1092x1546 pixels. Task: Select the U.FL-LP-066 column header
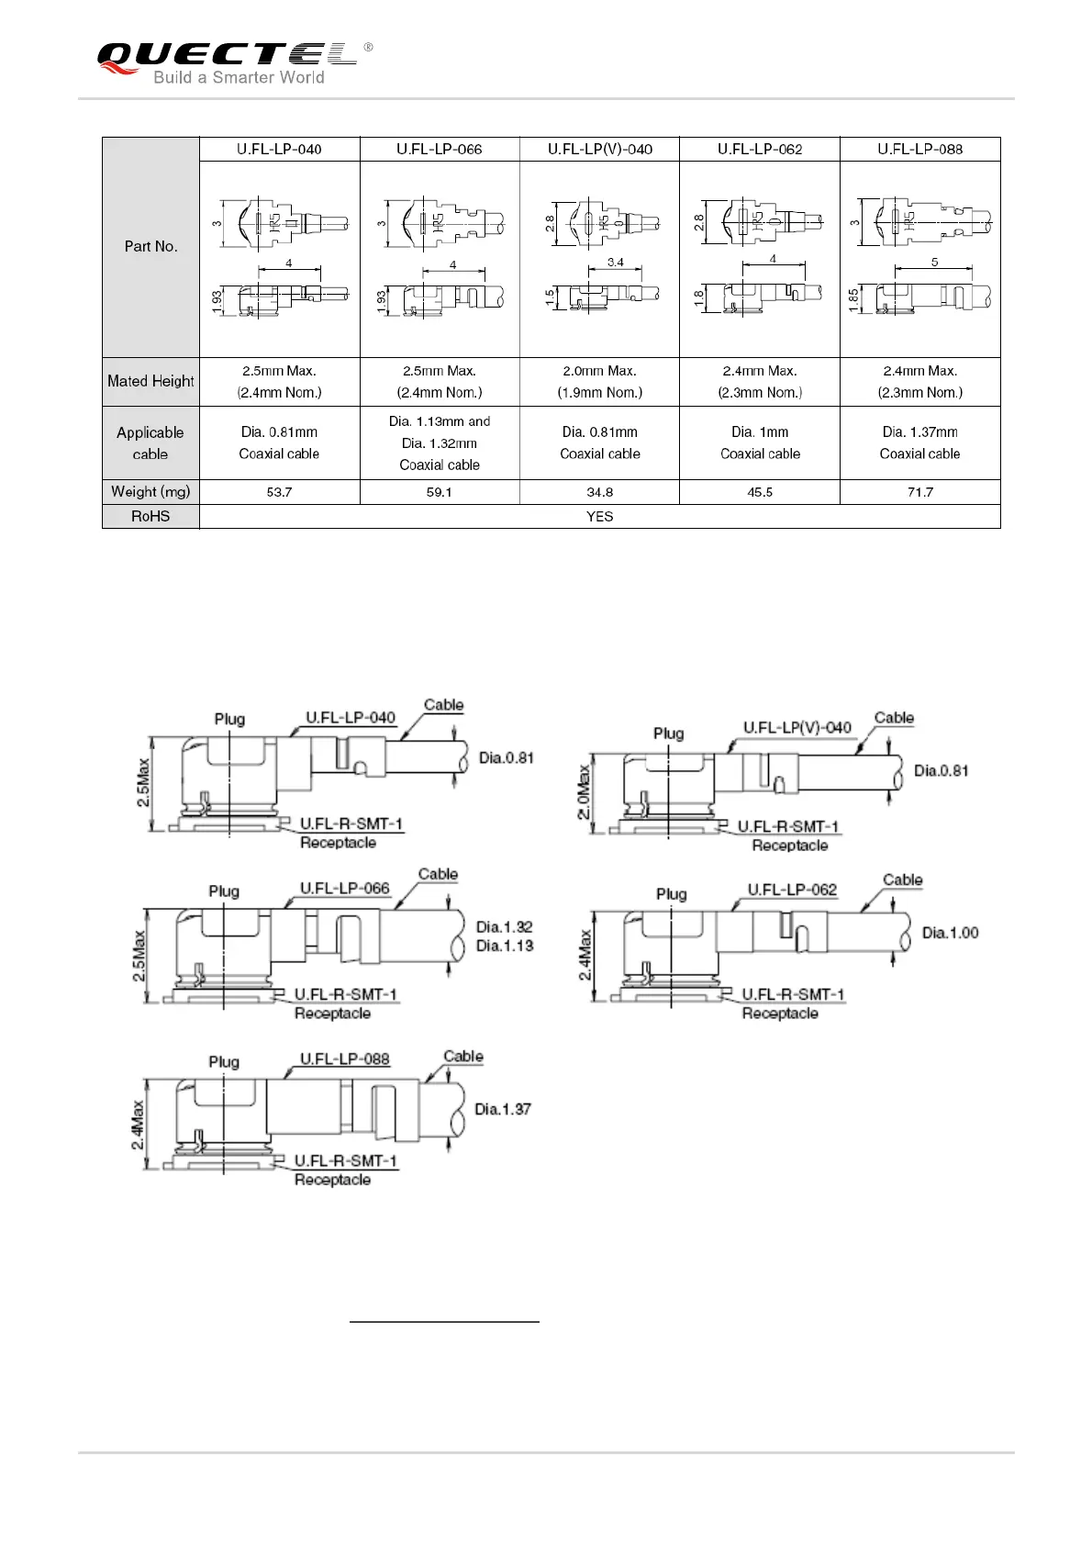tap(439, 149)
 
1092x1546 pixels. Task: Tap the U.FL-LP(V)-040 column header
tap(599, 149)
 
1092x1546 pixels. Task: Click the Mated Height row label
tap(150, 381)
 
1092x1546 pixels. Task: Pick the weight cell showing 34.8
tap(599, 492)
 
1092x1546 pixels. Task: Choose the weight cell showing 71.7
tap(919, 492)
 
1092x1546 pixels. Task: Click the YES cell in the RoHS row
tap(599, 517)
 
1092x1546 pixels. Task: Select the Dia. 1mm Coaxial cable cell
tap(760, 443)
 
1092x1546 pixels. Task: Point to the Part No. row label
tap(150, 246)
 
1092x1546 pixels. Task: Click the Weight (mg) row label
tap(150, 492)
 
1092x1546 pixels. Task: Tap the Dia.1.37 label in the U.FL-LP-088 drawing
tap(503, 1109)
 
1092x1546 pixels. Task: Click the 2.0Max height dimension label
tap(584, 794)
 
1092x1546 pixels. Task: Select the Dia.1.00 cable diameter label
tap(951, 933)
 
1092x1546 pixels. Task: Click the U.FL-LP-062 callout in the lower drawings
tap(792, 890)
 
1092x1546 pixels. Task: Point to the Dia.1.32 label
tap(505, 926)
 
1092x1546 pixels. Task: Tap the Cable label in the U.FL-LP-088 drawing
tap(463, 1056)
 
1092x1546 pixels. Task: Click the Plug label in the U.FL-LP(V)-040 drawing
tap(668, 733)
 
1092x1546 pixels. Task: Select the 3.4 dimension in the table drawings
tap(615, 263)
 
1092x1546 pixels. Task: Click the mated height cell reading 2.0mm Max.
tap(599, 371)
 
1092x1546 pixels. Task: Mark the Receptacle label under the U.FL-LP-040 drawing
tap(338, 843)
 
